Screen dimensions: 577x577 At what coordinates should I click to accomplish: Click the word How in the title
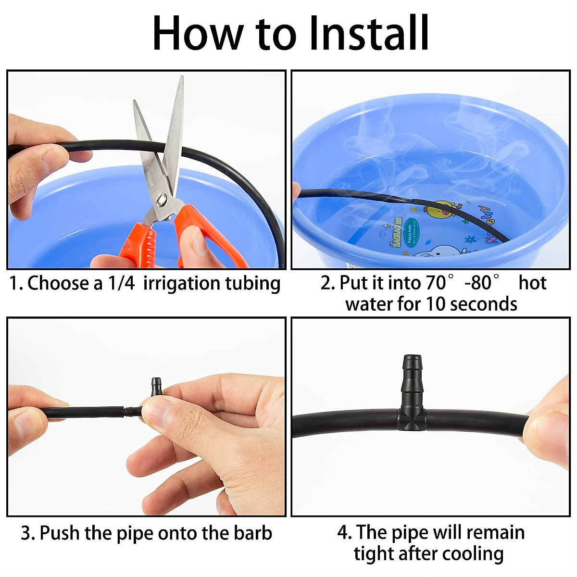click(x=197, y=33)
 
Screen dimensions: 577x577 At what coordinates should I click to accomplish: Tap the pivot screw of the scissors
click(x=162, y=199)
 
